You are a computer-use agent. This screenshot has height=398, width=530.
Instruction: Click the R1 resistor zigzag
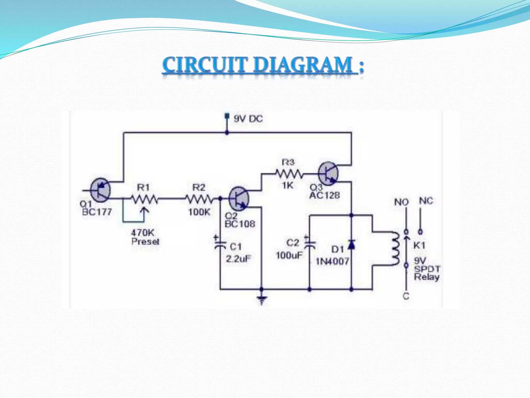point(144,199)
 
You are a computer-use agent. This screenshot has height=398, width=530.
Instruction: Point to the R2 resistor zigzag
point(200,199)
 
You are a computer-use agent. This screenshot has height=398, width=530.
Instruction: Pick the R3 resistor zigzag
point(289,174)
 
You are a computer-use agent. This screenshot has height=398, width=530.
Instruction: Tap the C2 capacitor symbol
point(310,245)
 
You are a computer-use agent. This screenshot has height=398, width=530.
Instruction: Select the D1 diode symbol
point(351,244)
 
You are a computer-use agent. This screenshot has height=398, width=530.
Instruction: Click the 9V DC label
point(248,119)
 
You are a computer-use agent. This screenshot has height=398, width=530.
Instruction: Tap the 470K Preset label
point(145,237)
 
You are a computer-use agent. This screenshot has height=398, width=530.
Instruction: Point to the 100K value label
point(199,212)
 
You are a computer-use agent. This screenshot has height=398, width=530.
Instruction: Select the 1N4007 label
point(332,261)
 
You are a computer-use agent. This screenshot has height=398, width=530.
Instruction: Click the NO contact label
point(401,202)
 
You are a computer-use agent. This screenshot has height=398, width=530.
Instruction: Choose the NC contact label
point(426,201)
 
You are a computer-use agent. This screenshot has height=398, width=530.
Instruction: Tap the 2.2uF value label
point(238,259)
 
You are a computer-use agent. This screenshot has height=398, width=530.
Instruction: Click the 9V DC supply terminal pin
point(227,116)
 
